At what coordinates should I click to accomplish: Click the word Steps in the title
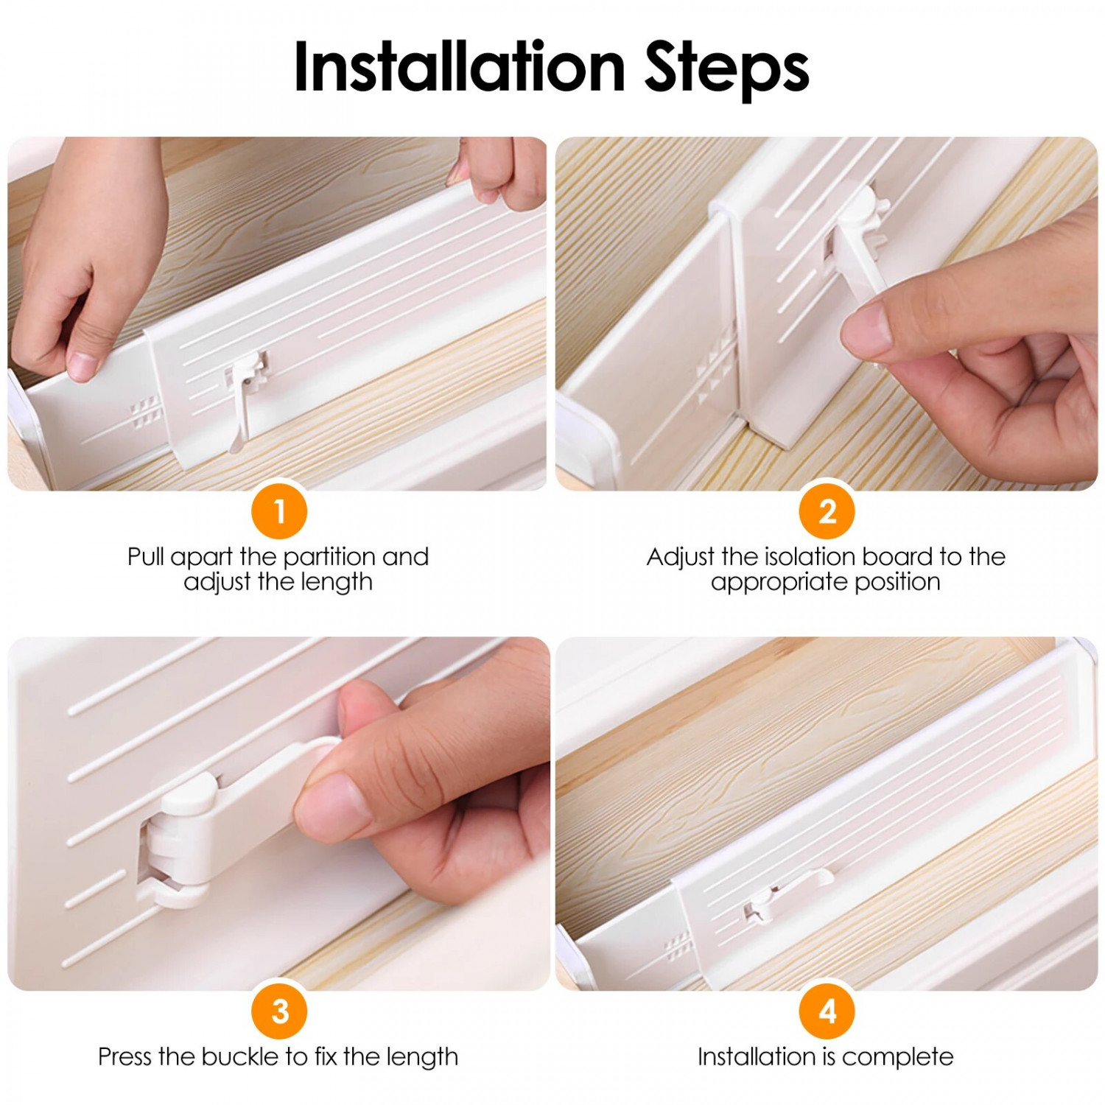pos(727,70)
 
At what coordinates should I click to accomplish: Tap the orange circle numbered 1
pos(279,511)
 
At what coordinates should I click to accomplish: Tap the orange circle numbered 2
pos(827,511)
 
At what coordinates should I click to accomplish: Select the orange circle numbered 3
pos(279,1011)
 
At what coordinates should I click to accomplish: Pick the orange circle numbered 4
pos(827,1011)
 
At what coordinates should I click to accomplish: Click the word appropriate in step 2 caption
pos(776,583)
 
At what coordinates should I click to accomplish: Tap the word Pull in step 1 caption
pos(146,556)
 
